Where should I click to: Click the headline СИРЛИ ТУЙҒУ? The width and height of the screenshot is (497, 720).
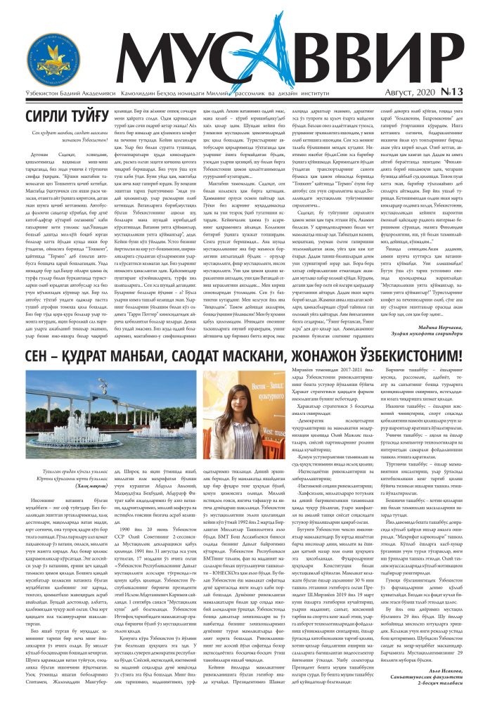tap(68, 117)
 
